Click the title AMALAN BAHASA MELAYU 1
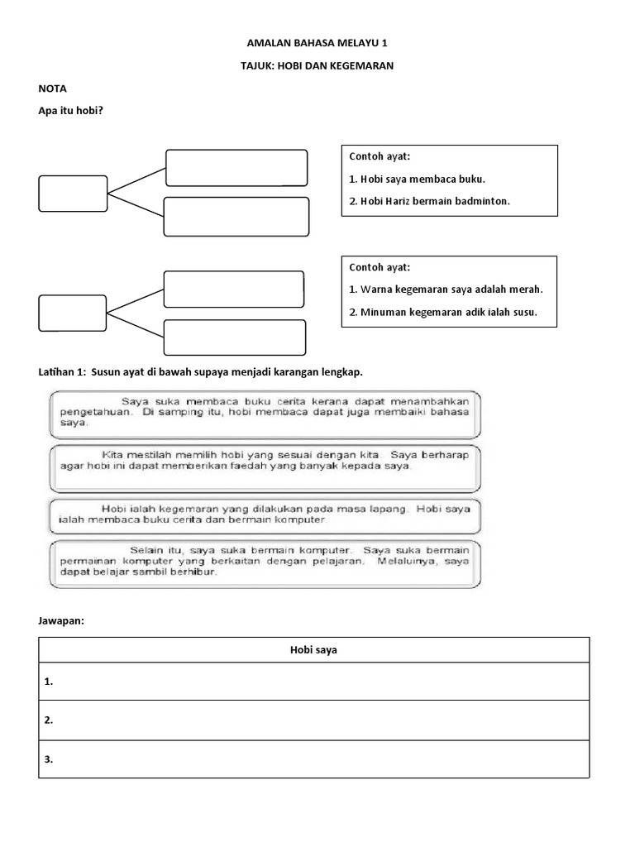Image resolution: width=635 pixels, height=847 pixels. (x=317, y=43)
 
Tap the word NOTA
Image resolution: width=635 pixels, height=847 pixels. (x=53, y=88)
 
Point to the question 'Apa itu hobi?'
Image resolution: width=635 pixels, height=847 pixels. (x=70, y=110)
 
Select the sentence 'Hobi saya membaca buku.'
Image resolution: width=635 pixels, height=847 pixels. (x=418, y=179)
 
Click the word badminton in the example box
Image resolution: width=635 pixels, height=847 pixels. (x=480, y=201)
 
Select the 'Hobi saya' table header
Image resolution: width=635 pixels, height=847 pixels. (x=314, y=650)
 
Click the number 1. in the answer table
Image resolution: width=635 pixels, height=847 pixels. (x=49, y=682)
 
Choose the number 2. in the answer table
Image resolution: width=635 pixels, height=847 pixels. (x=49, y=720)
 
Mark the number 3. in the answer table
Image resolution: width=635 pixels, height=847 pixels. (x=49, y=759)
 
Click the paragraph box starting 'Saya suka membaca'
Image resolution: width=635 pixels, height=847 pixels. (x=264, y=414)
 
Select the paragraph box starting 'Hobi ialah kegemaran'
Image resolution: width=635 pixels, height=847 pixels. (x=264, y=514)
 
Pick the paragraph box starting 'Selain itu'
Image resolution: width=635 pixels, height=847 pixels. (x=264, y=563)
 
